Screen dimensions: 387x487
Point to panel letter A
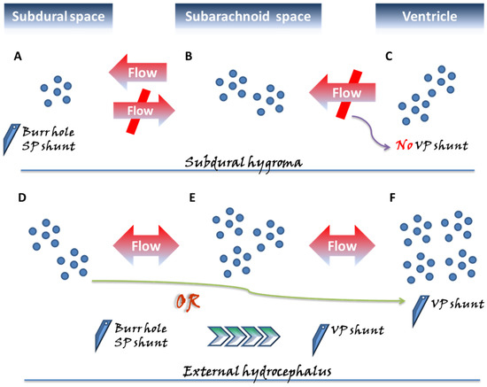[x=18, y=57]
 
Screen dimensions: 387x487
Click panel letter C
[x=389, y=57]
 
